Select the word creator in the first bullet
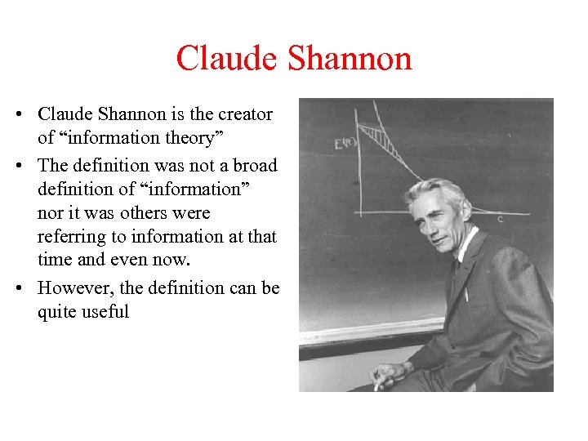coord(245,114)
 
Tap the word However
coord(72,287)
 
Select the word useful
coord(107,312)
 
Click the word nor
coord(51,213)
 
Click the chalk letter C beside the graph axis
coord(500,219)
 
